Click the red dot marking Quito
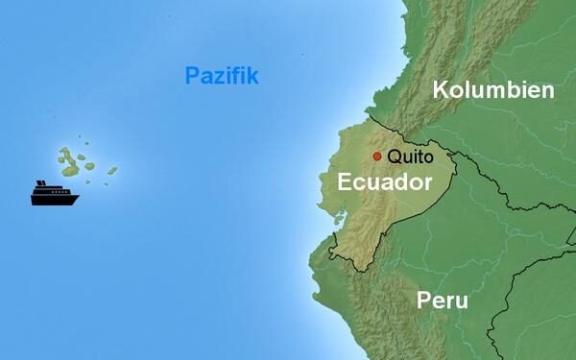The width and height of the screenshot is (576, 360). [x=377, y=156]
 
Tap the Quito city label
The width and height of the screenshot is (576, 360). [x=411, y=156]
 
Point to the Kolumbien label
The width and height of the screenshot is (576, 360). [x=493, y=90]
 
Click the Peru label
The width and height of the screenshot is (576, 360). [x=443, y=300]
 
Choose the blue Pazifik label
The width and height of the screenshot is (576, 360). [x=221, y=76]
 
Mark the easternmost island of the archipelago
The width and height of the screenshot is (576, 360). [x=112, y=171]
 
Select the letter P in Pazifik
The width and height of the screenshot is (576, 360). [x=190, y=76]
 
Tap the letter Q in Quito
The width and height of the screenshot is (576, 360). [x=395, y=156]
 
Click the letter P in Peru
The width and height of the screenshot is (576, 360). [x=423, y=300]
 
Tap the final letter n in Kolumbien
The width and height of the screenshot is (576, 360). [x=548, y=90]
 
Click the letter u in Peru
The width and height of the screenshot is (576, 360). [x=461, y=301]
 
